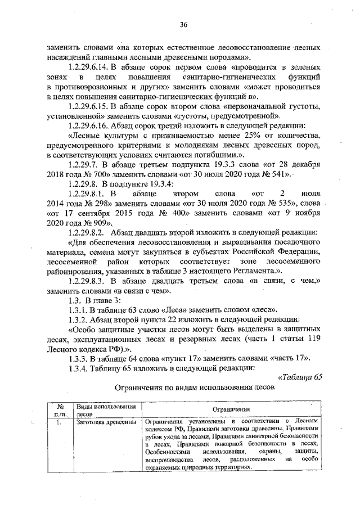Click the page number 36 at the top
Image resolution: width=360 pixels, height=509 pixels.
(183, 24)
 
